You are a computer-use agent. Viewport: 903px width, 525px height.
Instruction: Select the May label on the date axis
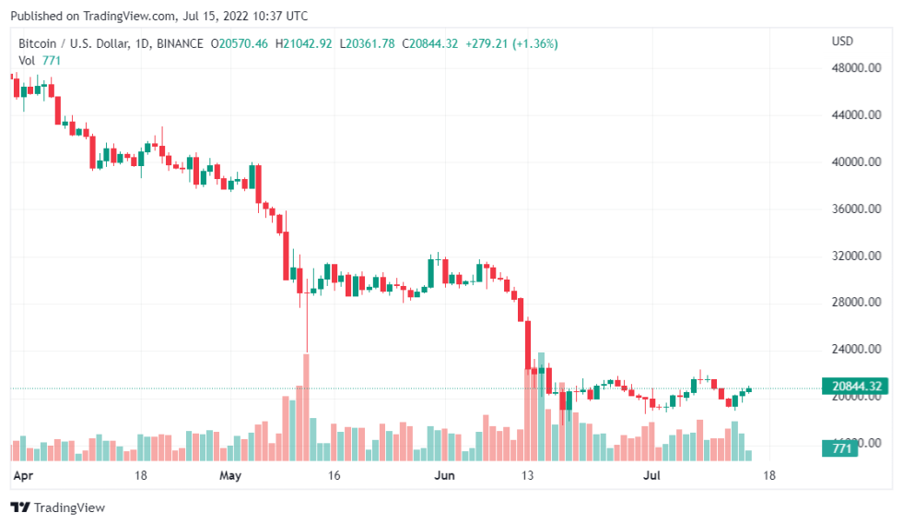coord(230,476)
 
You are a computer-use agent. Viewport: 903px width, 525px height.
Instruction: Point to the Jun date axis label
coord(444,476)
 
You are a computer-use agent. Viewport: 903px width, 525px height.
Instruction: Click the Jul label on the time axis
coord(651,476)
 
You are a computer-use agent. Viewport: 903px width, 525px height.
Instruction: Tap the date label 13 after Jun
coord(528,476)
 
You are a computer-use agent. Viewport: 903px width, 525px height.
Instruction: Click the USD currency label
coord(842,42)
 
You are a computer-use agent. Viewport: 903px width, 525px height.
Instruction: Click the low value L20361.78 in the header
coord(367,43)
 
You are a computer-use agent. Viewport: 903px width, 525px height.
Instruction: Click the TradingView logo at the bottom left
coord(57,507)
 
